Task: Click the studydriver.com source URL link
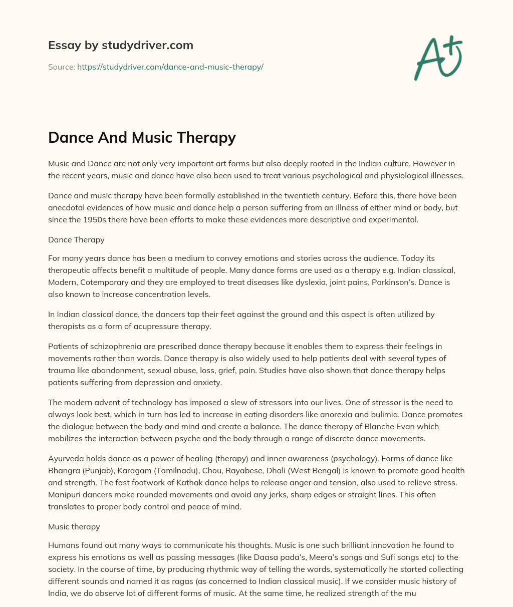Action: coord(170,67)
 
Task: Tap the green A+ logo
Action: coord(438,58)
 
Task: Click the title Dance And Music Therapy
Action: coord(142,138)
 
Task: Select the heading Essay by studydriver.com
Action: coord(121,45)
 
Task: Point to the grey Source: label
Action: coord(61,67)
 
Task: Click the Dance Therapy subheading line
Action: coord(76,239)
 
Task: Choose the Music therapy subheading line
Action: coord(74,526)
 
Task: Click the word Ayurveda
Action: coord(66,458)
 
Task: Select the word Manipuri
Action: coord(65,494)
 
